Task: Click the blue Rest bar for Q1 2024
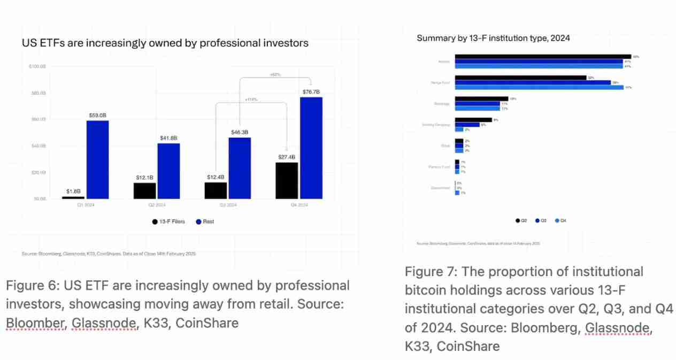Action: (97, 159)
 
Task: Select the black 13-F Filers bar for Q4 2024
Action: (287, 180)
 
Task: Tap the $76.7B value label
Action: (311, 92)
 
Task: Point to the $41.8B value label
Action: (168, 139)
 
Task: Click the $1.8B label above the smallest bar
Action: (74, 191)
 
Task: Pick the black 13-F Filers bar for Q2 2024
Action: (144, 190)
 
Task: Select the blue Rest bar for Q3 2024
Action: (240, 168)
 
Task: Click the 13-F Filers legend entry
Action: (167, 221)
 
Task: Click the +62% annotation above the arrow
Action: (275, 74)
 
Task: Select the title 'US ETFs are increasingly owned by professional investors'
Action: (165, 43)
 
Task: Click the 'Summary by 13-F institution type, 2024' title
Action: (493, 38)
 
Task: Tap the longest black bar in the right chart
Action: (543, 56)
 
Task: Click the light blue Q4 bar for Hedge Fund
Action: (539, 87)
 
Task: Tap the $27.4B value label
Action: (287, 157)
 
